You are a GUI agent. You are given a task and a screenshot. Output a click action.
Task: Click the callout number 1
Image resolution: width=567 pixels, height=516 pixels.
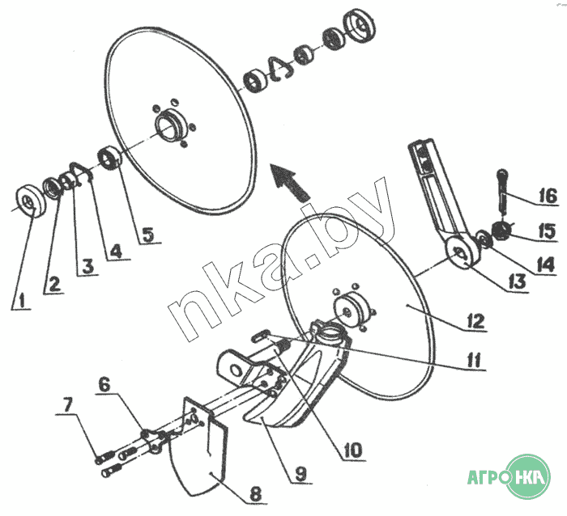coord(22,300)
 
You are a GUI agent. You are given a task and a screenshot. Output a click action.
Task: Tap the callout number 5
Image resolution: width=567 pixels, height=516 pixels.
coord(147,235)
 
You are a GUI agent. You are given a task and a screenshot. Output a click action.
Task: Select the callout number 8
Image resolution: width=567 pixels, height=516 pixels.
coord(256,493)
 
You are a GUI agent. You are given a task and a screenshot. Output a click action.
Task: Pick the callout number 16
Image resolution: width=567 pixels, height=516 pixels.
coord(548,196)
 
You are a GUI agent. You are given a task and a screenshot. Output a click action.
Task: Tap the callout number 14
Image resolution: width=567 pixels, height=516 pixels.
coord(545,264)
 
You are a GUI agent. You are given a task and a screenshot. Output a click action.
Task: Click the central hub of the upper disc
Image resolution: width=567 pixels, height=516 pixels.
coord(171,126)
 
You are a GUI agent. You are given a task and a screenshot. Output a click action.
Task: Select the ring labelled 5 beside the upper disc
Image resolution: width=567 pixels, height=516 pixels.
coord(110,158)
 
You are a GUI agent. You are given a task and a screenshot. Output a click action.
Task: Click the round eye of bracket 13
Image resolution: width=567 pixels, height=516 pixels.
coord(462,253)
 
